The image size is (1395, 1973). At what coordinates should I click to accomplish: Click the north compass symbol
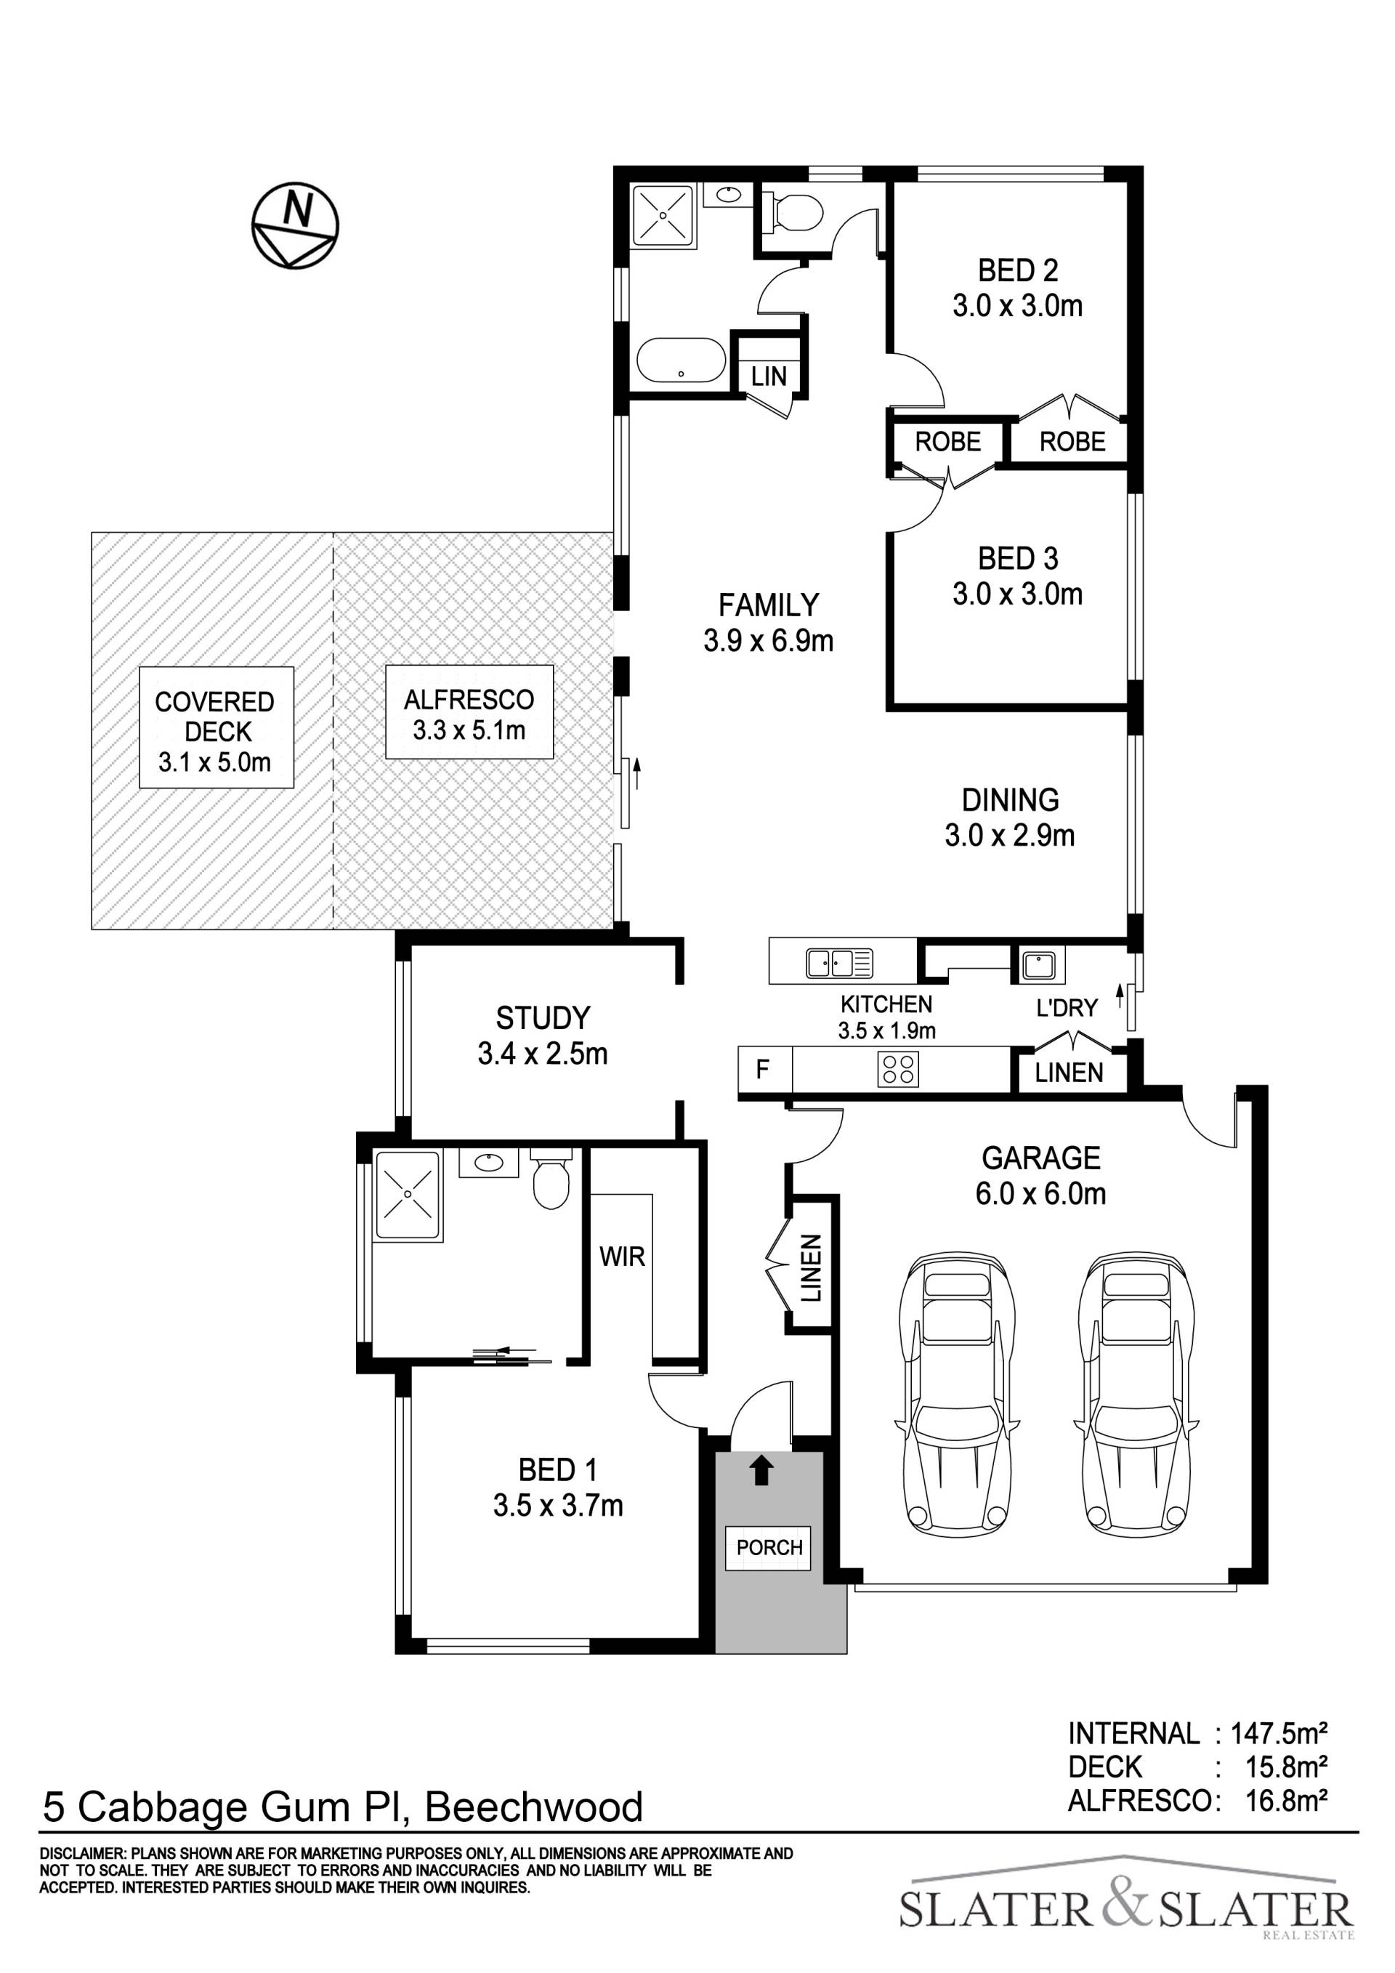(x=296, y=225)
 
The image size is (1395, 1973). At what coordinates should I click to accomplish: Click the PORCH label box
(x=769, y=1548)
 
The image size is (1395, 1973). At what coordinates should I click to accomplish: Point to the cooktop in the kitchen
(x=897, y=1070)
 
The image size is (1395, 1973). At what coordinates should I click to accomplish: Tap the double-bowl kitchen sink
(x=839, y=964)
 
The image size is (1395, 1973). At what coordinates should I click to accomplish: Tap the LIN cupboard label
(x=769, y=376)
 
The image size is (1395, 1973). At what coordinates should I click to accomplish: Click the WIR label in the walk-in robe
(x=622, y=1256)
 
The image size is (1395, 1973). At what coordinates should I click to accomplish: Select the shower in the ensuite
(x=408, y=1195)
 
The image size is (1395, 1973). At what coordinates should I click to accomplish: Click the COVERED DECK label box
(x=217, y=728)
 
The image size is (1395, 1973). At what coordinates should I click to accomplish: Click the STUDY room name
(x=543, y=1018)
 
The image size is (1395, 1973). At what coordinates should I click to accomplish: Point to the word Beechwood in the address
(x=534, y=1807)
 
